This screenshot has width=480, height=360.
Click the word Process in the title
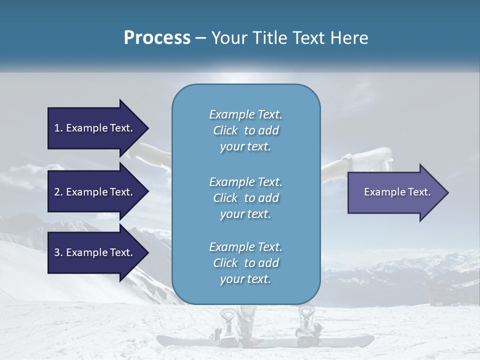(x=157, y=38)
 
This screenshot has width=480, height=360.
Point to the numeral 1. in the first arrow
(x=58, y=128)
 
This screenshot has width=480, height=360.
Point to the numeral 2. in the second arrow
(x=58, y=192)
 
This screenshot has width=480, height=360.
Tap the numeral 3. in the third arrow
(x=58, y=252)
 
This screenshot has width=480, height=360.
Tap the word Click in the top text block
(x=225, y=130)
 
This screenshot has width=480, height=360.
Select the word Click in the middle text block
(x=225, y=198)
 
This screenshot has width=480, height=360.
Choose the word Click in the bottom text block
(x=225, y=263)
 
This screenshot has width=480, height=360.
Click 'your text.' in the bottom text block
(x=245, y=279)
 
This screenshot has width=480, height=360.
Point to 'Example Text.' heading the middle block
(x=245, y=181)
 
